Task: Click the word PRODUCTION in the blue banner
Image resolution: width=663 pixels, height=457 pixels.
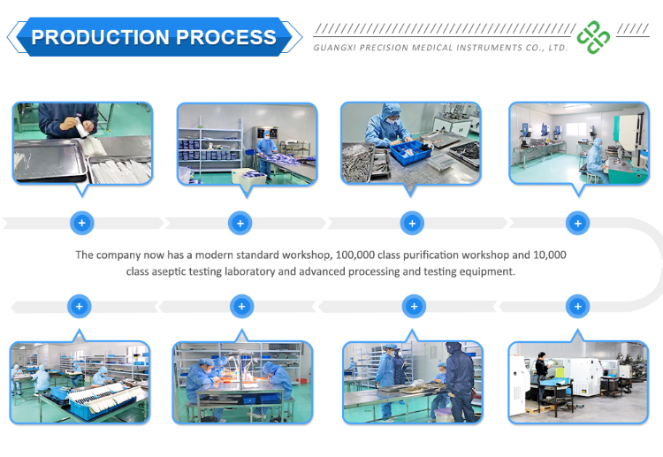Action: coord(100,37)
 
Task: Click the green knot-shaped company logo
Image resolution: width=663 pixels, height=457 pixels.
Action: coord(593,37)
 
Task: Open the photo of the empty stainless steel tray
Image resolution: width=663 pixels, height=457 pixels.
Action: coord(82,142)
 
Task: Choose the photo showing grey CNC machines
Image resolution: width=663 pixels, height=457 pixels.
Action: coord(577,382)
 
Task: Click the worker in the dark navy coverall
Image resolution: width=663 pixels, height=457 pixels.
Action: coord(456,380)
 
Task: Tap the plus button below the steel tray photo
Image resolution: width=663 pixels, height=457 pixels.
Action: coord(81,223)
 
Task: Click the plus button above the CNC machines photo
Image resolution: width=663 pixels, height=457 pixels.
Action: coord(577,307)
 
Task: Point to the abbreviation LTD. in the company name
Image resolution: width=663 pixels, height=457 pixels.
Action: coord(556,49)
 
